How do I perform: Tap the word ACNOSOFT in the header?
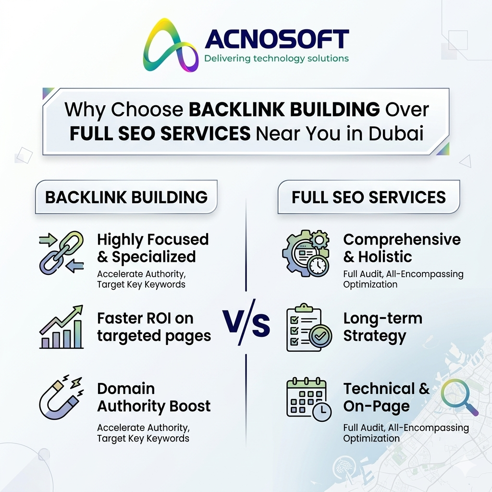tap(277, 39)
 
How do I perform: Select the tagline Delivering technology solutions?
tap(276, 59)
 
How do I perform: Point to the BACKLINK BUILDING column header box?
tap(126, 197)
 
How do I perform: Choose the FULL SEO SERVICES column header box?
tap(369, 197)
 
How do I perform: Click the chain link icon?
tap(62, 253)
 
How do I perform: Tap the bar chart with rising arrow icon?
tap(62, 327)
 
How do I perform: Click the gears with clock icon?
tap(306, 253)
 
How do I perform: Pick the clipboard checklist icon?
tap(309, 327)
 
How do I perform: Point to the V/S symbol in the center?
tap(246, 322)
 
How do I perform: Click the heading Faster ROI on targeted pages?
tap(154, 327)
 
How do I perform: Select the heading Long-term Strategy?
tap(383, 327)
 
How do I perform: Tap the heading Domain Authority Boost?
tap(154, 397)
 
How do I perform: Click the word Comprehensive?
tap(402, 240)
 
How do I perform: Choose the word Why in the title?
tap(85, 110)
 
